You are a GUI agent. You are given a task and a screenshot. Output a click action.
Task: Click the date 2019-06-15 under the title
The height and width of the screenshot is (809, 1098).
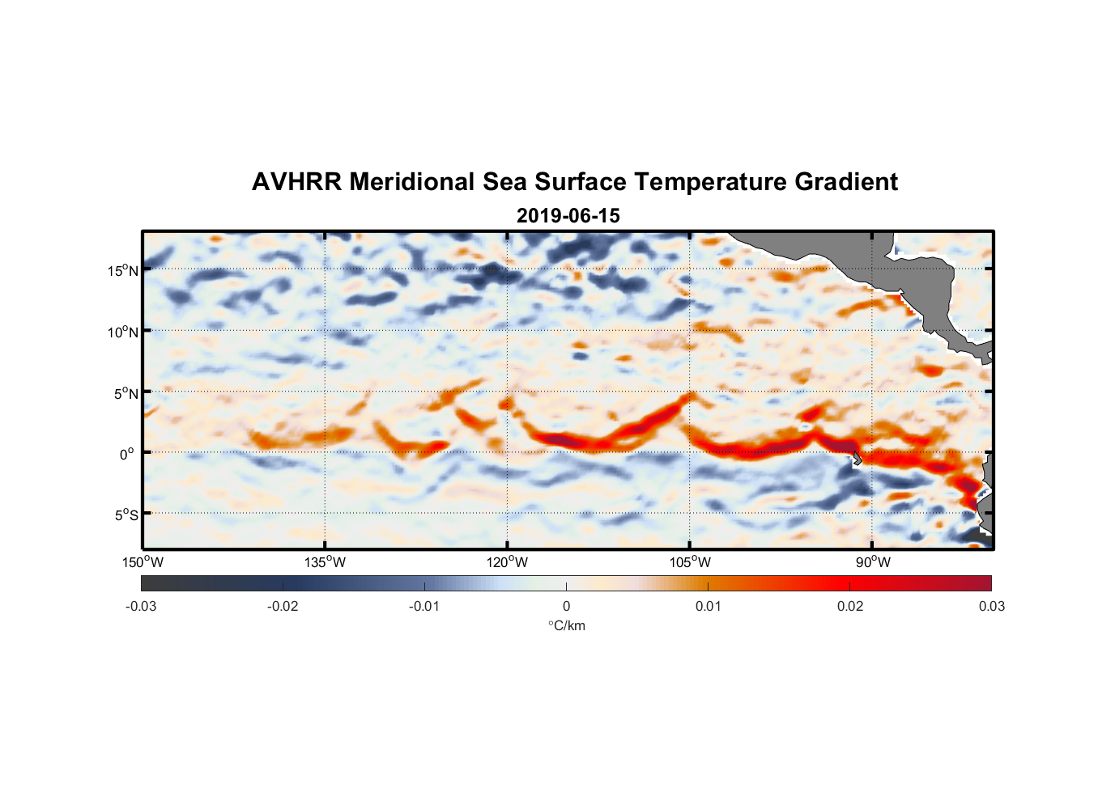pyautogui.click(x=568, y=216)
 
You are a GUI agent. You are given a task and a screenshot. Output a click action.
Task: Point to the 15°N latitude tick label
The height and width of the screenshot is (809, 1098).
pyautogui.click(x=122, y=271)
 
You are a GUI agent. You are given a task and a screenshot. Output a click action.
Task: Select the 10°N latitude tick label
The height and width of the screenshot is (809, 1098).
pyautogui.click(x=122, y=332)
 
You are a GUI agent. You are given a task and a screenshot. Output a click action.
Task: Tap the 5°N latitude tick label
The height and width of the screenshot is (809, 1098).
pyautogui.click(x=126, y=394)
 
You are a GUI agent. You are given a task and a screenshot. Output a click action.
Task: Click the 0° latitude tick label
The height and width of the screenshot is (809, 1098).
pyautogui.click(x=127, y=455)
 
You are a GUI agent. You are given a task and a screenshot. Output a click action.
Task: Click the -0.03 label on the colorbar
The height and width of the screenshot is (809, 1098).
pyautogui.click(x=141, y=607)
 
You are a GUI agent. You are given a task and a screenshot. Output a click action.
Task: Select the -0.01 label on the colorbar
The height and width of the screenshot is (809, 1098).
pyautogui.click(x=423, y=607)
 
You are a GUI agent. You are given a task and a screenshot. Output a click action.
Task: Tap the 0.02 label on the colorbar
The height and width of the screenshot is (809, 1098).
pyautogui.click(x=850, y=607)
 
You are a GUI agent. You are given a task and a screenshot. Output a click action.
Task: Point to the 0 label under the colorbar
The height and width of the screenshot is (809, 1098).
pyautogui.click(x=566, y=607)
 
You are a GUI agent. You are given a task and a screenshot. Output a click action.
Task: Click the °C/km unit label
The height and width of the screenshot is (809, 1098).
pyautogui.click(x=567, y=626)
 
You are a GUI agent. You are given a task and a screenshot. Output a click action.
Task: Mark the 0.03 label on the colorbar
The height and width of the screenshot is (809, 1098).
pyautogui.click(x=991, y=607)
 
